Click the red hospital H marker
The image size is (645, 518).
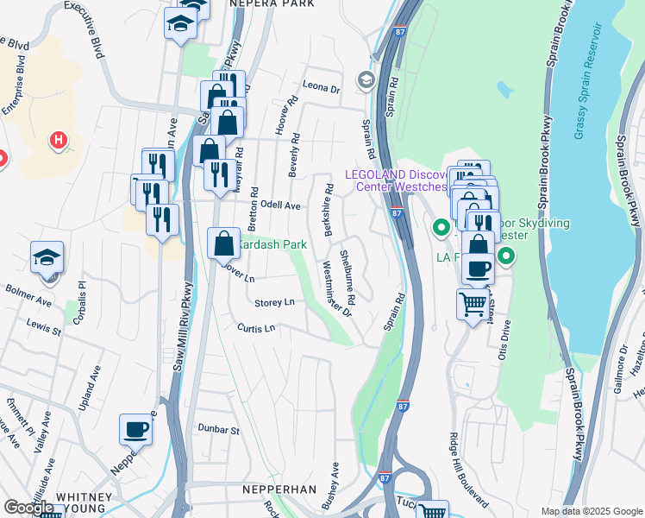59,138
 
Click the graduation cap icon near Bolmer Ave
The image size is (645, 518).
47,257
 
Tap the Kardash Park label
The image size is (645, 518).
272,245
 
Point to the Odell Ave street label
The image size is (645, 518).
279,206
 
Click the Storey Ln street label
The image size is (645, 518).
275,302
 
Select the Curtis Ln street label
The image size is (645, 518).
257,328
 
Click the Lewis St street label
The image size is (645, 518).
44,330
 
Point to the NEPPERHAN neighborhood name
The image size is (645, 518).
278,490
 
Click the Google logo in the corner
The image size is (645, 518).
28,508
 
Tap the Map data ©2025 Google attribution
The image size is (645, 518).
591,510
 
